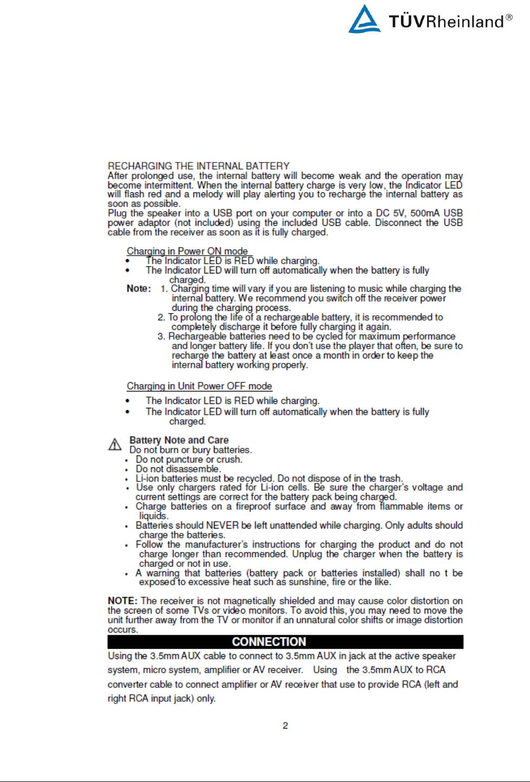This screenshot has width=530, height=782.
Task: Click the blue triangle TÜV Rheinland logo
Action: click(364, 19)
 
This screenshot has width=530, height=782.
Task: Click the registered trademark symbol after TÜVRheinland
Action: click(509, 17)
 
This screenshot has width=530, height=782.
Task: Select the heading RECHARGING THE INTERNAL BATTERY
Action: click(198, 166)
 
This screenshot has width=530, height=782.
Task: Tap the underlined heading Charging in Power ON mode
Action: click(188, 251)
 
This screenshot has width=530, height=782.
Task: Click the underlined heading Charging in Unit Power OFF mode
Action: click(199, 386)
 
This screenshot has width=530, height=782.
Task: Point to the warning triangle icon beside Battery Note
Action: click(115, 445)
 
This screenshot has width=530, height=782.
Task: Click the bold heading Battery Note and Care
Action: click(179, 440)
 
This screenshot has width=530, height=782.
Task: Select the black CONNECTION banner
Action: click(285, 642)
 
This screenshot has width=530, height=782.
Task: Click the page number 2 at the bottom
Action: click(285, 726)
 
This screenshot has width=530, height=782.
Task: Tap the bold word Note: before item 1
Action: click(139, 289)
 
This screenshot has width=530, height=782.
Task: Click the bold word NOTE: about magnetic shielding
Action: click(122, 601)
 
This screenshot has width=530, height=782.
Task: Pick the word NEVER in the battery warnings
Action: click(222, 525)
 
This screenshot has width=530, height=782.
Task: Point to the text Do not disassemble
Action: click(178, 469)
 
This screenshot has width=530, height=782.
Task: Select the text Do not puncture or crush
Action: click(189, 460)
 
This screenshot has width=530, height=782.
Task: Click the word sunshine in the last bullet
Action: click(308, 582)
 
